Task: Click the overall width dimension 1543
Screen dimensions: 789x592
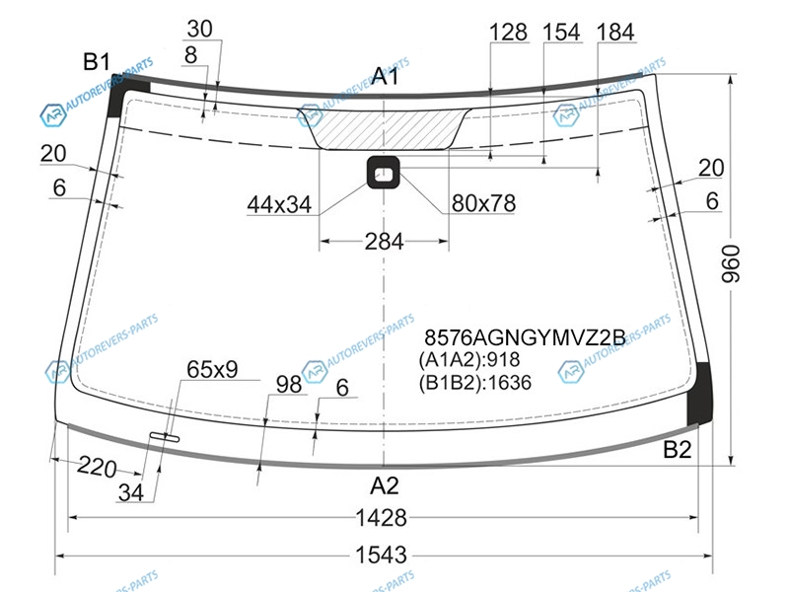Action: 381,555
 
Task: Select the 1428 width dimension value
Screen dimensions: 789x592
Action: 381,517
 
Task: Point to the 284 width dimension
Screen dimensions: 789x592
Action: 384,242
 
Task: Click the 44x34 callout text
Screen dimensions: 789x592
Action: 279,205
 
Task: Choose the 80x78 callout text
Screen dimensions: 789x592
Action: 483,203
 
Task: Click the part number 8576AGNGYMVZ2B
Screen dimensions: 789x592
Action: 525,337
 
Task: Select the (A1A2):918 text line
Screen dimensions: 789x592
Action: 469,359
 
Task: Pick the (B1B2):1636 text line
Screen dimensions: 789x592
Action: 475,383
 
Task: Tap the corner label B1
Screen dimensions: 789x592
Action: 96,62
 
